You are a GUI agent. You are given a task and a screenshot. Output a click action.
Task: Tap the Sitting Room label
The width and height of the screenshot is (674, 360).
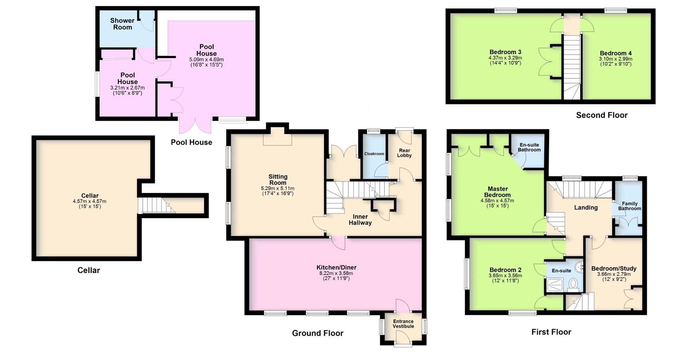pyautogui.click(x=278, y=179)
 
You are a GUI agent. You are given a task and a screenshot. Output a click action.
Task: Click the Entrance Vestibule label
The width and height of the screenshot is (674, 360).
pyautogui.click(x=403, y=324)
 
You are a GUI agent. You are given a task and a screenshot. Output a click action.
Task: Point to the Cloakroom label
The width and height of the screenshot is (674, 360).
pyautogui.click(x=374, y=154)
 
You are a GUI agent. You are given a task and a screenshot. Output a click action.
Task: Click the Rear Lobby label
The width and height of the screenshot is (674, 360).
pyautogui.click(x=404, y=153)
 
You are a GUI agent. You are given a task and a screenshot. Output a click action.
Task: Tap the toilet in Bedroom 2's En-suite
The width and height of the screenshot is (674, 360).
pyautogui.click(x=574, y=283)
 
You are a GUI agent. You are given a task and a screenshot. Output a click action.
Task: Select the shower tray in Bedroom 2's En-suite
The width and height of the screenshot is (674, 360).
pyautogui.click(x=555, y=285)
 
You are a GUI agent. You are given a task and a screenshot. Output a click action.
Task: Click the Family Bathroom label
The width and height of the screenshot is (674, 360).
pyautogui.click(x=630, y=206)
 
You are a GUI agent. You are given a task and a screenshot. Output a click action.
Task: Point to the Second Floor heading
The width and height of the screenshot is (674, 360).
pyautogui.click(x=602, y=115)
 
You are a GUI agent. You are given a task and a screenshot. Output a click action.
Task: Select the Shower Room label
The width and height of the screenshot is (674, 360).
pyautogui.click(x=122, y=24)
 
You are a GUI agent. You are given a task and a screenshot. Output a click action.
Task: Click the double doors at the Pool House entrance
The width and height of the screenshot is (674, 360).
pyautogui.click(x=196, y=125)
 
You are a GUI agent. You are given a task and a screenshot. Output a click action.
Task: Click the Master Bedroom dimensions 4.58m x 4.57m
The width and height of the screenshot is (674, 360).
pyautogui.click(x=497, y=201)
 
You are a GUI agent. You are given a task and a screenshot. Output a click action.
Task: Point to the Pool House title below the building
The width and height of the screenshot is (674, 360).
pyautogui.click(x=191, y=142)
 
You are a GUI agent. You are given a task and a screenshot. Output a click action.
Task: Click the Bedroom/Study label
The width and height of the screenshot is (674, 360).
pyautogui.click(x=614, y=269)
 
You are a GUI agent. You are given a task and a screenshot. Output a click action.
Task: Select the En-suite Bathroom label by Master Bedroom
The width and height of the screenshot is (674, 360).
pyautogui.click(x=529, y=147)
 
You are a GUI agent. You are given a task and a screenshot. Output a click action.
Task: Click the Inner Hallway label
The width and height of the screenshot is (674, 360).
pyautogui.click(x=360, y=220)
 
